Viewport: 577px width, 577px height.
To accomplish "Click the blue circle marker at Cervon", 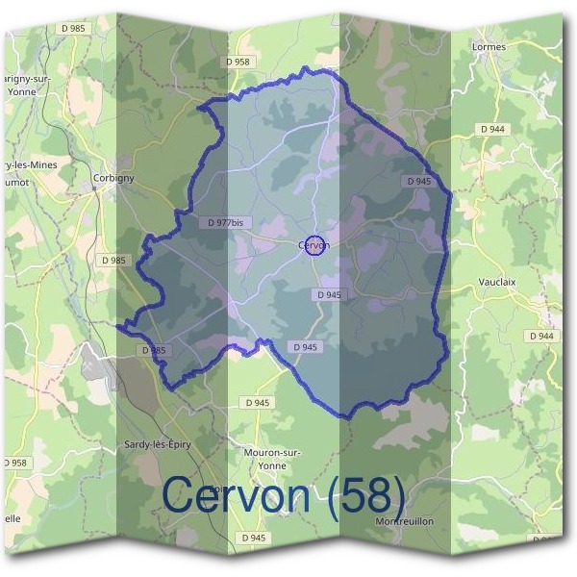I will tap(317, 245).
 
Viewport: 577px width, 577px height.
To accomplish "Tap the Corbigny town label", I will tap(113, 178).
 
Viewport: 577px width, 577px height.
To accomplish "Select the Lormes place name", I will tap(489, 45).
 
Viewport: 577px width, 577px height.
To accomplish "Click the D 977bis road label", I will tap(226, 222).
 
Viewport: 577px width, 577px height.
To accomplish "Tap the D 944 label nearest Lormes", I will tap(493, 129).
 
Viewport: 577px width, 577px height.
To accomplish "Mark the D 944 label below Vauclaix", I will tap(541, 336).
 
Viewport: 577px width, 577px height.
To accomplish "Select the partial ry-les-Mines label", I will tap(29, 164).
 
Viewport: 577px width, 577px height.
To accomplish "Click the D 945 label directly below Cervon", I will tap(327, 295).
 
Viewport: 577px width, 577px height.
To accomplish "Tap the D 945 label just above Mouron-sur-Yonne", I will tap(256, 403).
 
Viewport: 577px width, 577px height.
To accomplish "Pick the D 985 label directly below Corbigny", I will tap(113, 260).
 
